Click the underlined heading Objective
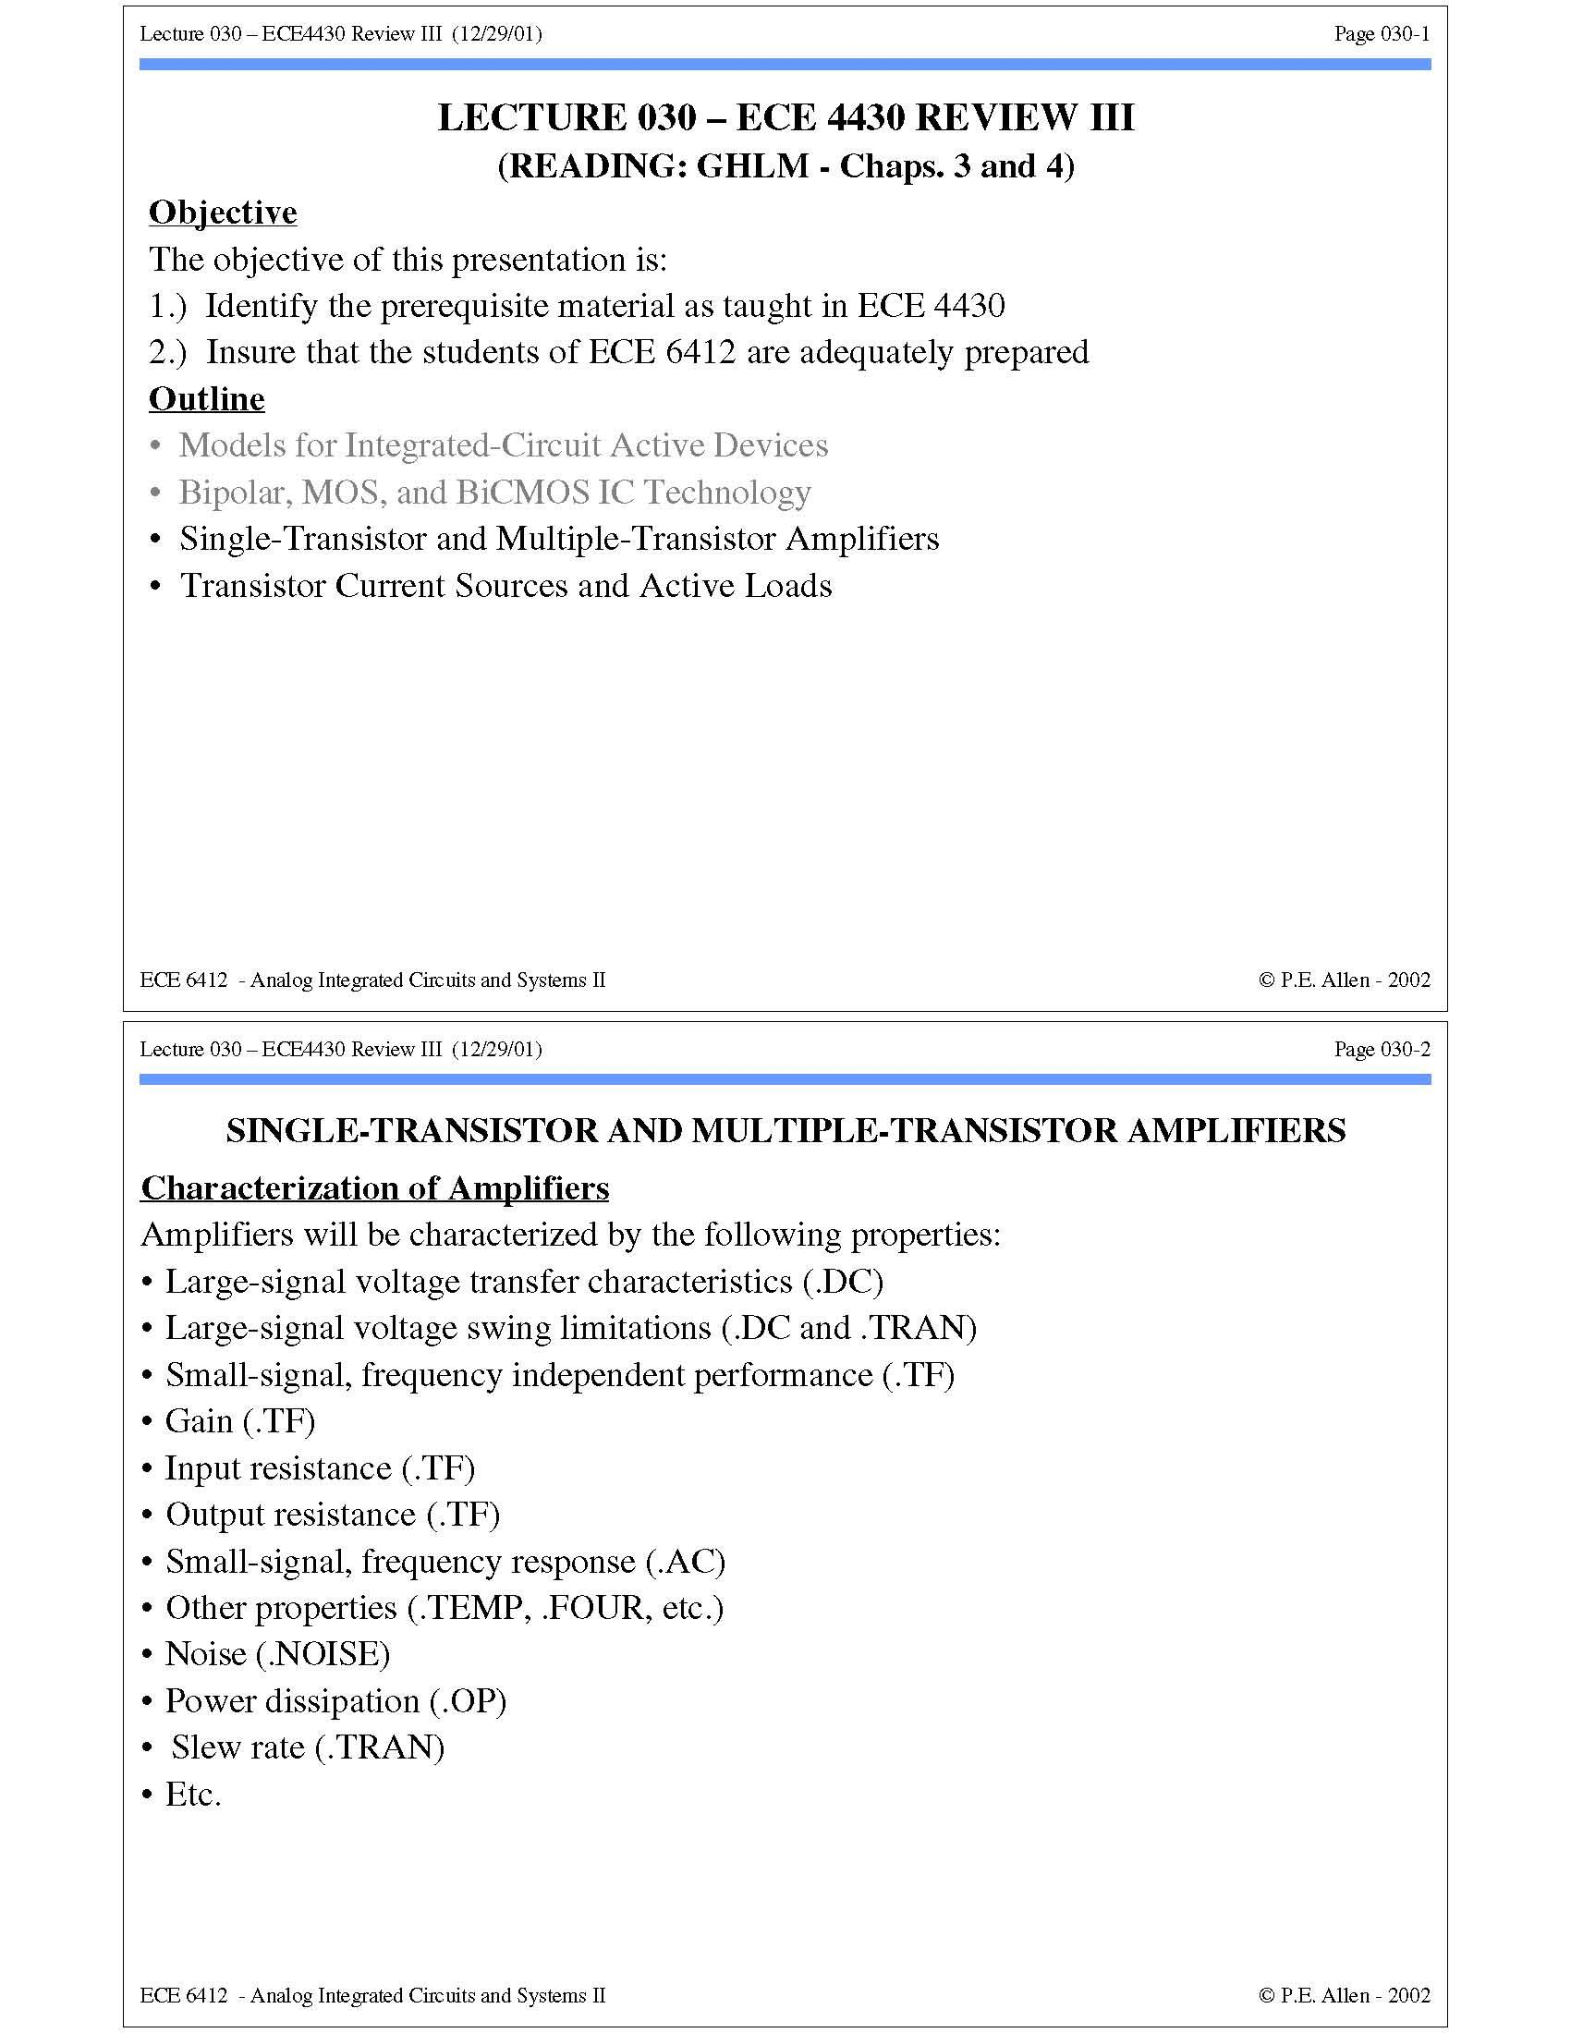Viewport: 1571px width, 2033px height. [x=223, y=213]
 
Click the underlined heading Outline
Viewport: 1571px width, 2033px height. [x=207, y=398]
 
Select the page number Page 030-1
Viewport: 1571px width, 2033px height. [x=1382, y=34]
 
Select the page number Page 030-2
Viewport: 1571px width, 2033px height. [x=1382, y=1049]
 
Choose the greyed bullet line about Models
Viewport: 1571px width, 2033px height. [x=503, y=446]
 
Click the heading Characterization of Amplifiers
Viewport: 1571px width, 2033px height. [x=374, y=1187]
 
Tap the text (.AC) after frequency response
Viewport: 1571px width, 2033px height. [x=685, y=1561]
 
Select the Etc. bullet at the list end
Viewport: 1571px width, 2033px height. [x=192, y=1794]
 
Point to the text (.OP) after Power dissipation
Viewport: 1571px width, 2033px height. [x=468, y=1700]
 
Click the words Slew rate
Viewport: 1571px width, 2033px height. [x=237, y=1747]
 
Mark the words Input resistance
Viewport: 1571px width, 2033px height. [x=277, y=1468]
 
